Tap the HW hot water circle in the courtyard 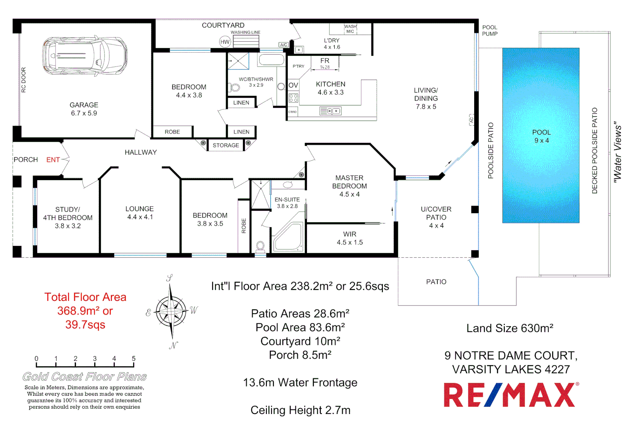(225, 42)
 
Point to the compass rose (171, 312)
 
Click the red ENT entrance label (53, 160)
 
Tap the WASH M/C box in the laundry (350, 29)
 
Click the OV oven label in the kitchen (293, 85)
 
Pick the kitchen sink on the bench (331, 111)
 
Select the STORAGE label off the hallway (226, 145)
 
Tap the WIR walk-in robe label (350, 234)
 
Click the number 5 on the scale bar (133, 359)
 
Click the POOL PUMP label (490, 31)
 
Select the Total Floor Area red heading (85, 297)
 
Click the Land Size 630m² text (510, 328)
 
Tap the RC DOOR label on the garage (24, 80)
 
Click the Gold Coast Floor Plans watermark (84, 376)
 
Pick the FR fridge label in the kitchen (325, 60)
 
